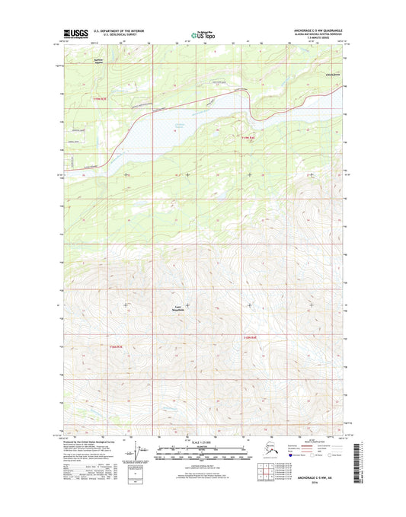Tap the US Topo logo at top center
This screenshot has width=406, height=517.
pos(203,34)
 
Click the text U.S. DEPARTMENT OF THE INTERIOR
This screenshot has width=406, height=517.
pos(123,31)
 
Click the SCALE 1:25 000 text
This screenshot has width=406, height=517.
pos(203,443)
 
